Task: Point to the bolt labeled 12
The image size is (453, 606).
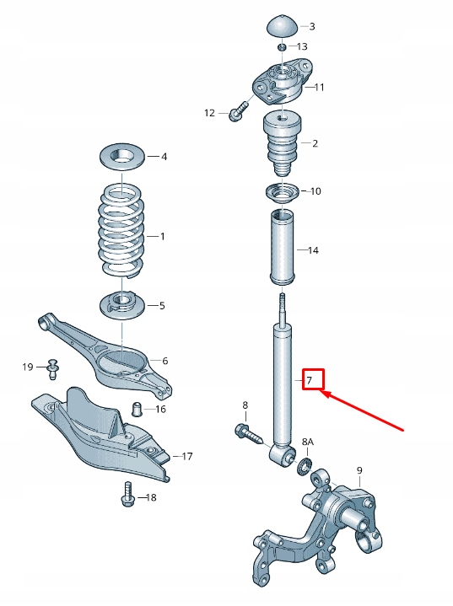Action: [x=237, y=110]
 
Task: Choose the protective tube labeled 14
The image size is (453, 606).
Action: [x=284, y=249]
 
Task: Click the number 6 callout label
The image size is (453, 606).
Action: [x=164, y=361]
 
